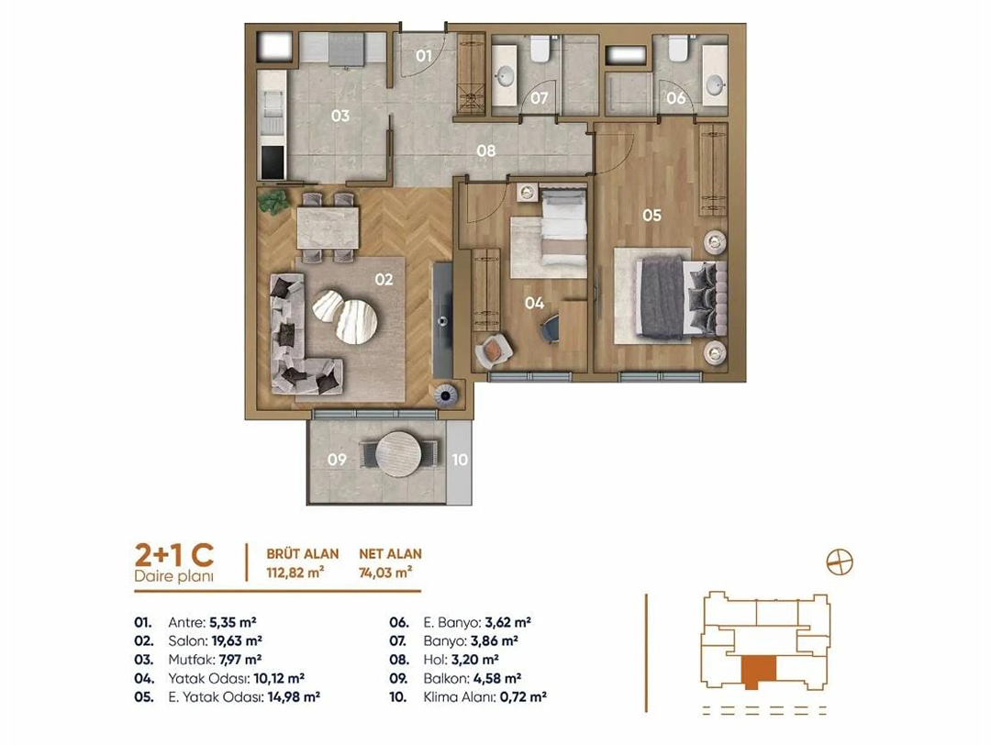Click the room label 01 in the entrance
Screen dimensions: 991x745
(x=423, y=56)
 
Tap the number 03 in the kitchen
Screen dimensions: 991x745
(x=340, y=116)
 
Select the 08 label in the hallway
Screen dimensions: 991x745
(x=486, y=151)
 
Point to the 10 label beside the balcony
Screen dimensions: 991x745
(x=460, y=460)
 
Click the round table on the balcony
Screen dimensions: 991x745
(x=398, y=454)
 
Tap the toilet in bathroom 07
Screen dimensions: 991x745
(x=540, y=49)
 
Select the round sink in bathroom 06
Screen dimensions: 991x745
(x=716, y=84)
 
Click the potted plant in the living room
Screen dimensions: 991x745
(x=273, y=202)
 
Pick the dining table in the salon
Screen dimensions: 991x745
(x=328, y=228)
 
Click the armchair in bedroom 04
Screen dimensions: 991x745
(x=493, y=350)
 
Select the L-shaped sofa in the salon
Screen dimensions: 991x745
(x=299, y=336)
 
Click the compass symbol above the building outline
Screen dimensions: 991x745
(x=840, y=562)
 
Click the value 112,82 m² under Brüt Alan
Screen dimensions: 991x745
(x=295, y=573)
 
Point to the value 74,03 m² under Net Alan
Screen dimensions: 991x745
(x=385, y=573)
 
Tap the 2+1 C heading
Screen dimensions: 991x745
(x=173, y=555)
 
